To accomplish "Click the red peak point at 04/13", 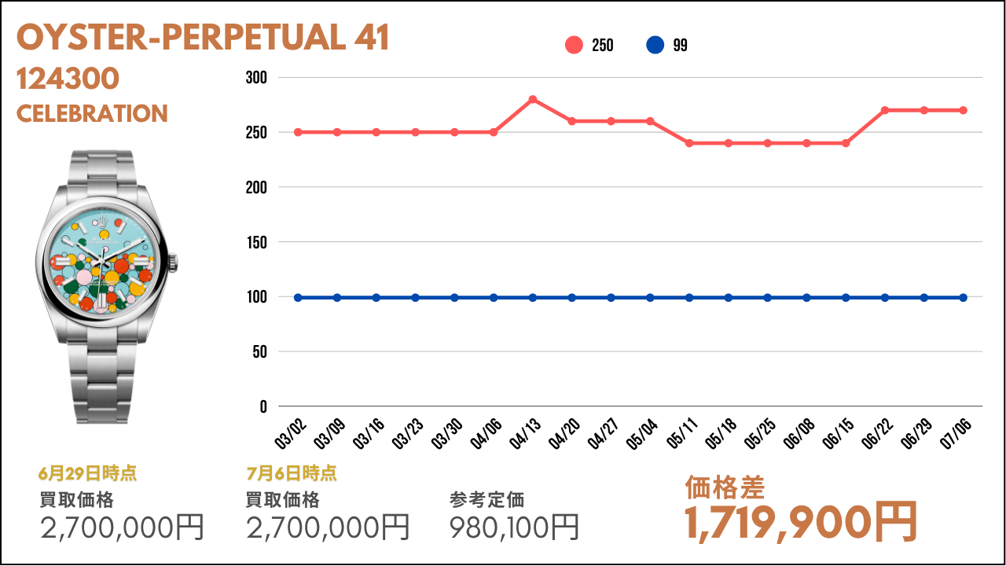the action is [x=533, y=99].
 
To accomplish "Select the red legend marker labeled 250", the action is [x=574, y=45].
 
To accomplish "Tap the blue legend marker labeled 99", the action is [x=655, y=45].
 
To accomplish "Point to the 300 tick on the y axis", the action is [x=256, y=78].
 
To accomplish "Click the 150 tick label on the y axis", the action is [x=256, y=243].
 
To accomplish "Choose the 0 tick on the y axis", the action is [x=263, y=407].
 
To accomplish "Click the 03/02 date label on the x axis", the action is [x=290, y=433].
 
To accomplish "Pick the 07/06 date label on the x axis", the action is [x=956, y=433].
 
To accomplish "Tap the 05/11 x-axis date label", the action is [x=681, y=433].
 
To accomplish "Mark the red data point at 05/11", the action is [x=689, y=143].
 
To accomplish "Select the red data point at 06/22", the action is [x=885, y=111].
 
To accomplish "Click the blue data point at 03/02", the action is [x=298, y=298].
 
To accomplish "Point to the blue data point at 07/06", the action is [x=964, y=298].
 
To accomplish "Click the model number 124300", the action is [x=68, y=79].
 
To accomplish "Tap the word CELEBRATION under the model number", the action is [x=92, y=114].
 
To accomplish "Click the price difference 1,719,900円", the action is [x=800, y=523].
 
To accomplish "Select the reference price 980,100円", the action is [x=514, y=527].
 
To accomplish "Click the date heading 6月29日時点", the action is [x=87, y=473].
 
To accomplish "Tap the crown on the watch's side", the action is [x=173, y=263].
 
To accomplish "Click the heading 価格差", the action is [x=725, y=488].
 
